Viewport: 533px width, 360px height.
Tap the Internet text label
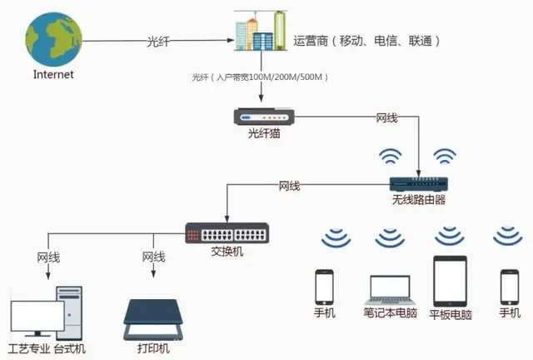[x=53, y=75]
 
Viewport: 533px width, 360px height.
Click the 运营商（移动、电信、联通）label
[x=366, y=40]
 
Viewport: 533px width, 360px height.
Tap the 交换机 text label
[x=227, y=250]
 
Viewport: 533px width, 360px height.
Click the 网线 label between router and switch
[x=289, y=185]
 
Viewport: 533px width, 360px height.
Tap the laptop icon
[x=390, y=288]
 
